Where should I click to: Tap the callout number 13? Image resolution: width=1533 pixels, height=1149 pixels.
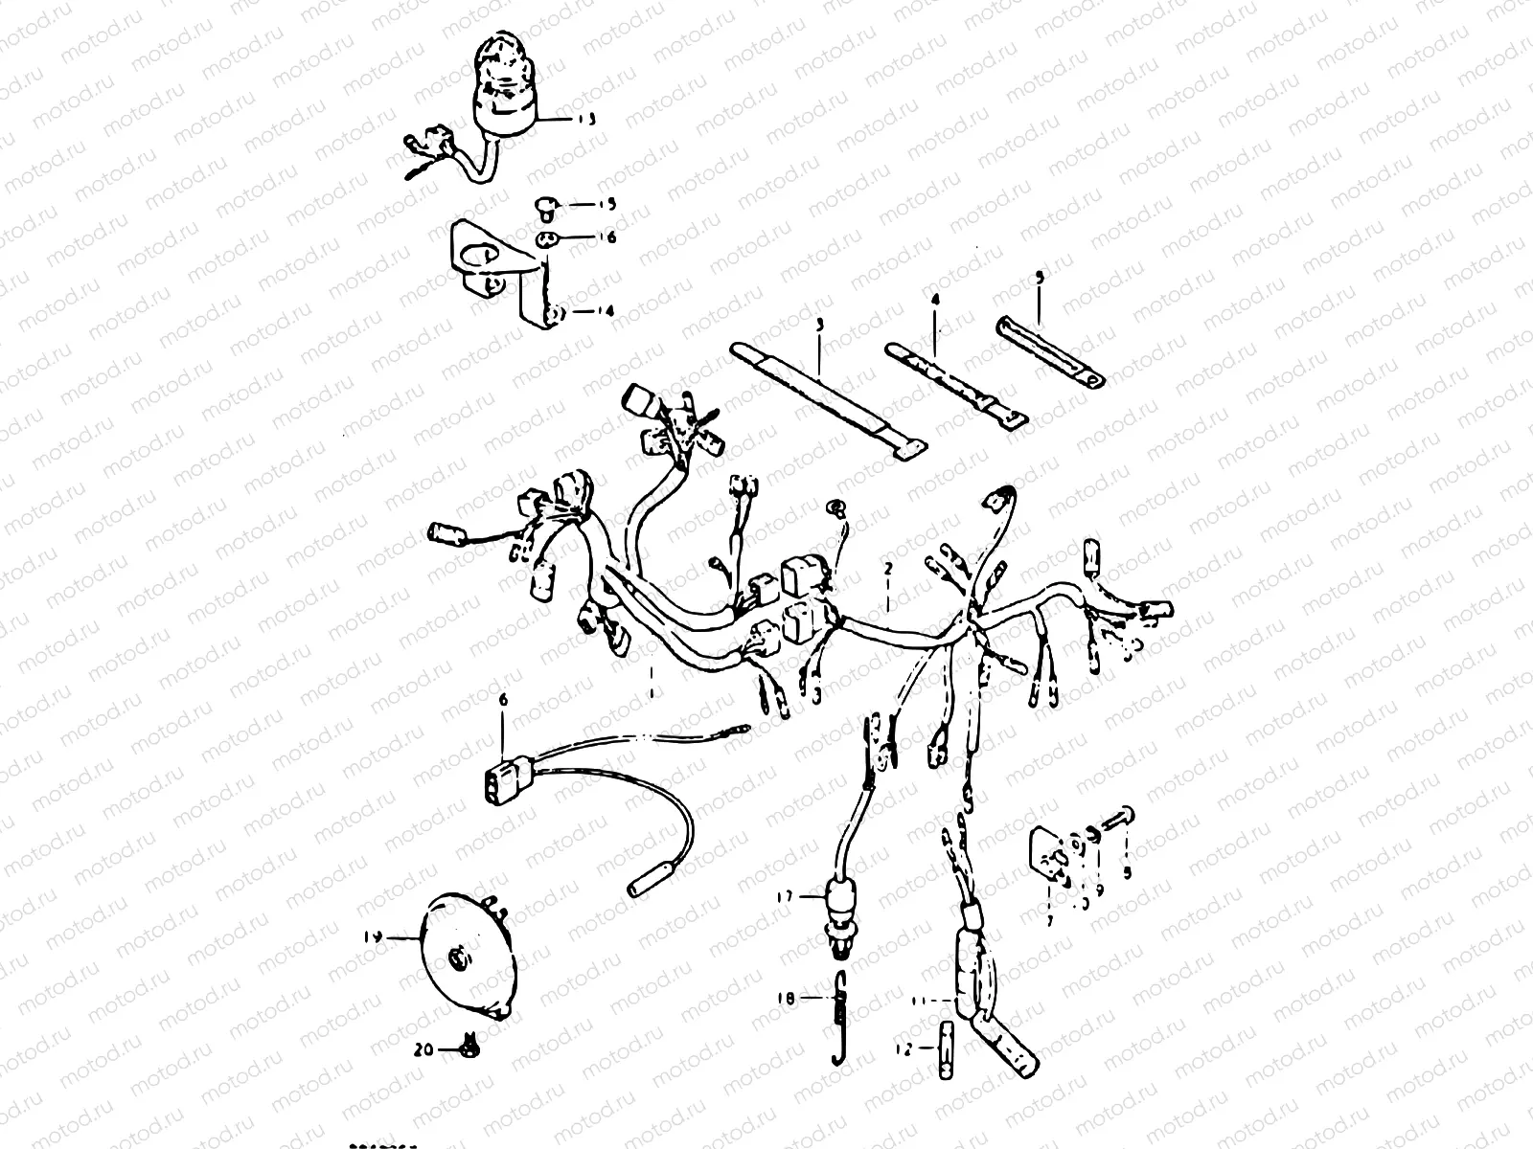585,121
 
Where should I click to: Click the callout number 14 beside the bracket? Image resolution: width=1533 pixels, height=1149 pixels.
580,312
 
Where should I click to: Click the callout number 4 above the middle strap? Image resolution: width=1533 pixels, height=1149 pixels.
936,301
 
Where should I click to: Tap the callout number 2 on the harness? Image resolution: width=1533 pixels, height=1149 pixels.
888,569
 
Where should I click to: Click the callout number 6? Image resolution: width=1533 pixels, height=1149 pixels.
502,700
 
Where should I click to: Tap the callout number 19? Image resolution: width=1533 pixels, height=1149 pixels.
374,939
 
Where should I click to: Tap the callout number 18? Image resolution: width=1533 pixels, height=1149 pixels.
786,999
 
